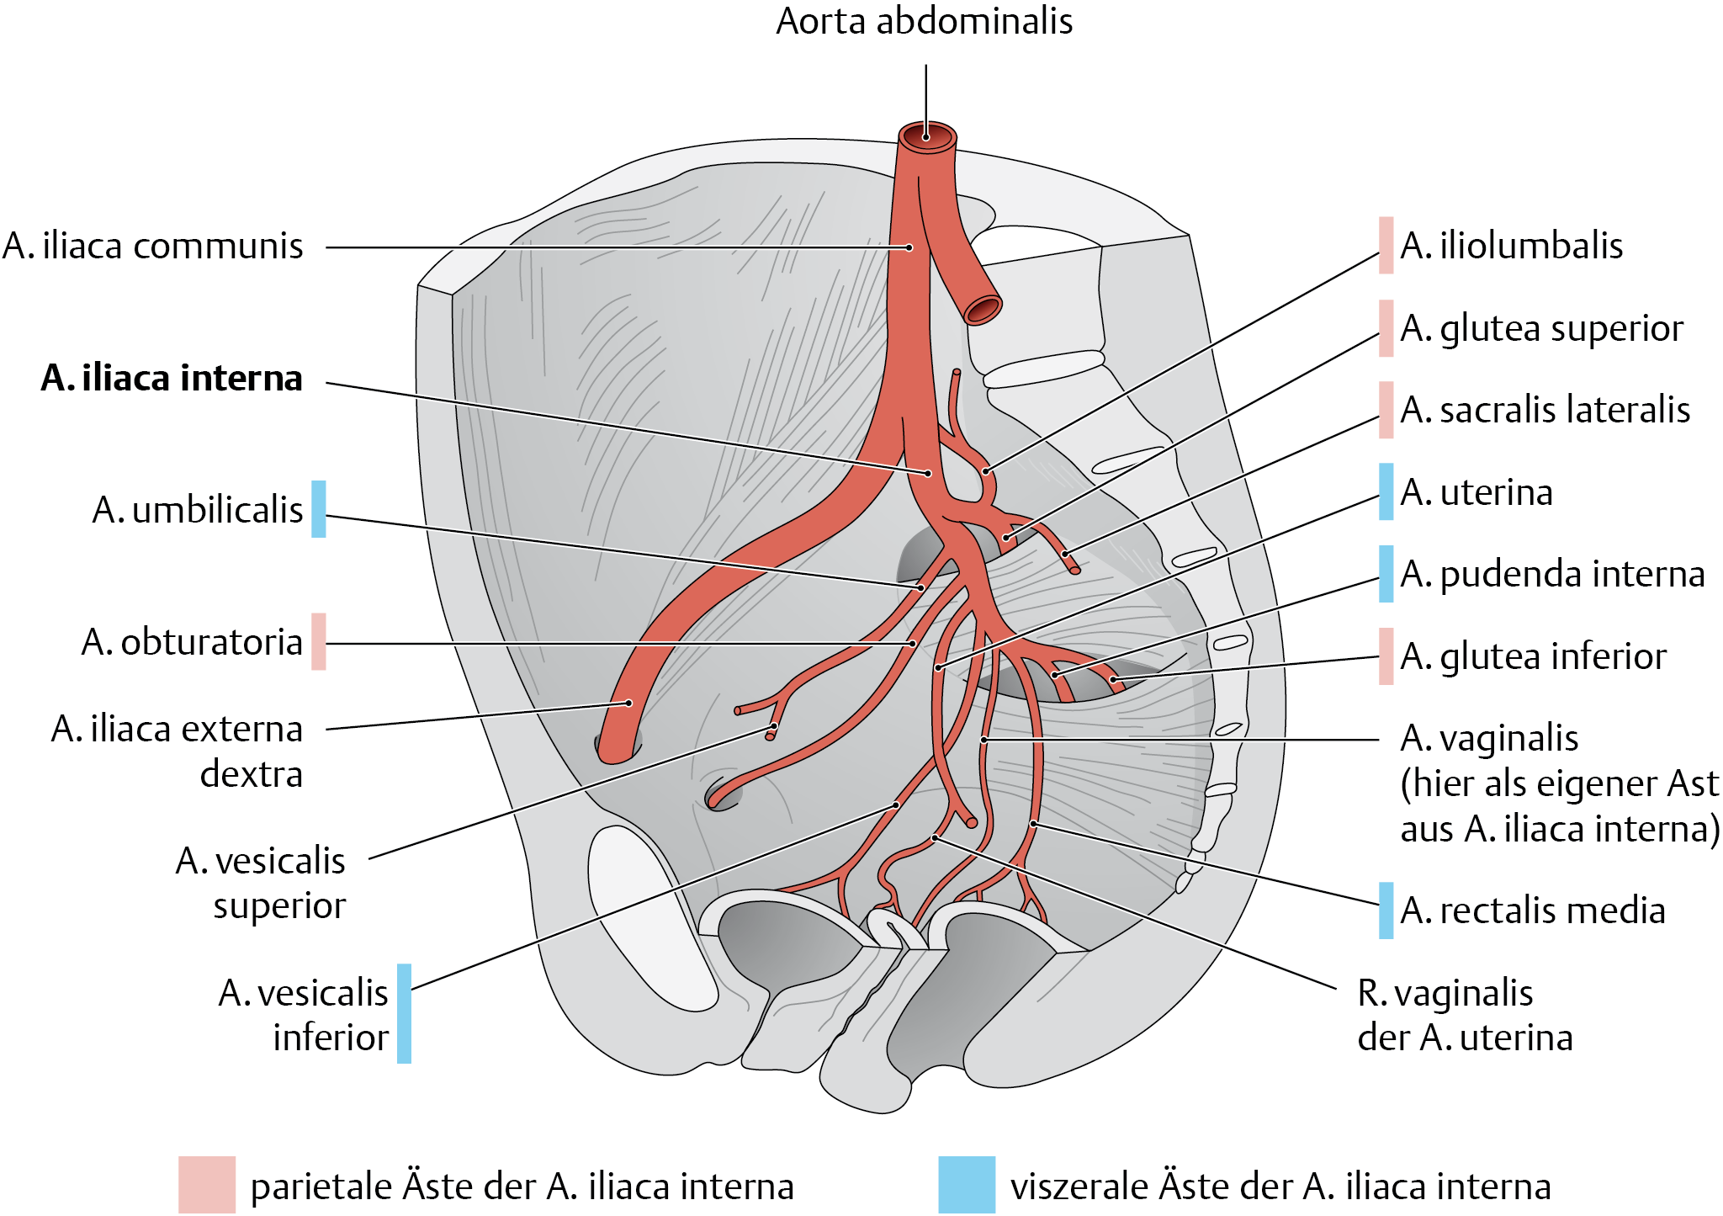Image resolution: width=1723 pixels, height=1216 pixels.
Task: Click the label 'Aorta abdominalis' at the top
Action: tap(924, 22)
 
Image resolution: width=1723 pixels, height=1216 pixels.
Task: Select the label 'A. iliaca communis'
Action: tap(152, 247)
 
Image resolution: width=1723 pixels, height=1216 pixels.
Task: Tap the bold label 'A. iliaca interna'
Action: tap(172, 379)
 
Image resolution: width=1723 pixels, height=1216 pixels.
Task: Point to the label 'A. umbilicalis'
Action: tap(197, 510)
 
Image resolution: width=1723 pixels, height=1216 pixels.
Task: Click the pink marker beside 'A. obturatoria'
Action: tap(318, 641)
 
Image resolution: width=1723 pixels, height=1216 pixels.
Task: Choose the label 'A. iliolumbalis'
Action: tap(1511, 246)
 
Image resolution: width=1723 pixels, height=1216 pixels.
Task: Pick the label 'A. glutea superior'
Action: tap(1541, 328)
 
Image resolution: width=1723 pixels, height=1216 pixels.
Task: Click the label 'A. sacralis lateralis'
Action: tap(1545, 410)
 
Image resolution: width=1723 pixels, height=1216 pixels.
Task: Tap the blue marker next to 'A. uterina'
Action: tap(1386, 491)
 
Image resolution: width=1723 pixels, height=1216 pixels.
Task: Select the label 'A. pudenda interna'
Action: tap(1552, 574)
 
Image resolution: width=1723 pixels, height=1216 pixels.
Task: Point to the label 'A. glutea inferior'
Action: tap(1533, 656)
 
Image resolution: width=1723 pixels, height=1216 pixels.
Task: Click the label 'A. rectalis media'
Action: tap(1533, 911)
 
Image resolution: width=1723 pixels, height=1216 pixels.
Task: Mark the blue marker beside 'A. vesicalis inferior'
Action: tap(404, 1013)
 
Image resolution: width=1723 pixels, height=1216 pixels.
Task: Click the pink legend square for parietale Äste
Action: tap(206, 1185)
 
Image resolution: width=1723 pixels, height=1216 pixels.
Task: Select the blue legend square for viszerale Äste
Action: tap(967, 1185)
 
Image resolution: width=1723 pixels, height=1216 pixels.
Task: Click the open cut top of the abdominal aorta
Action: tap(927, 137)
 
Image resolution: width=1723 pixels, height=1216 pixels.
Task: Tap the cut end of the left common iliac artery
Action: tap(982, 310)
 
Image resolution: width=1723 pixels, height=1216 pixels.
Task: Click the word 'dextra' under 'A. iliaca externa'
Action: tap(251, 774)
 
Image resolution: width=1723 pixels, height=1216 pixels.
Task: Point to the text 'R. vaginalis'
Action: tap(1445, 993)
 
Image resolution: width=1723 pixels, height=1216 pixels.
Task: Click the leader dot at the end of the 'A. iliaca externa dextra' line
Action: tap(628, 703)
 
